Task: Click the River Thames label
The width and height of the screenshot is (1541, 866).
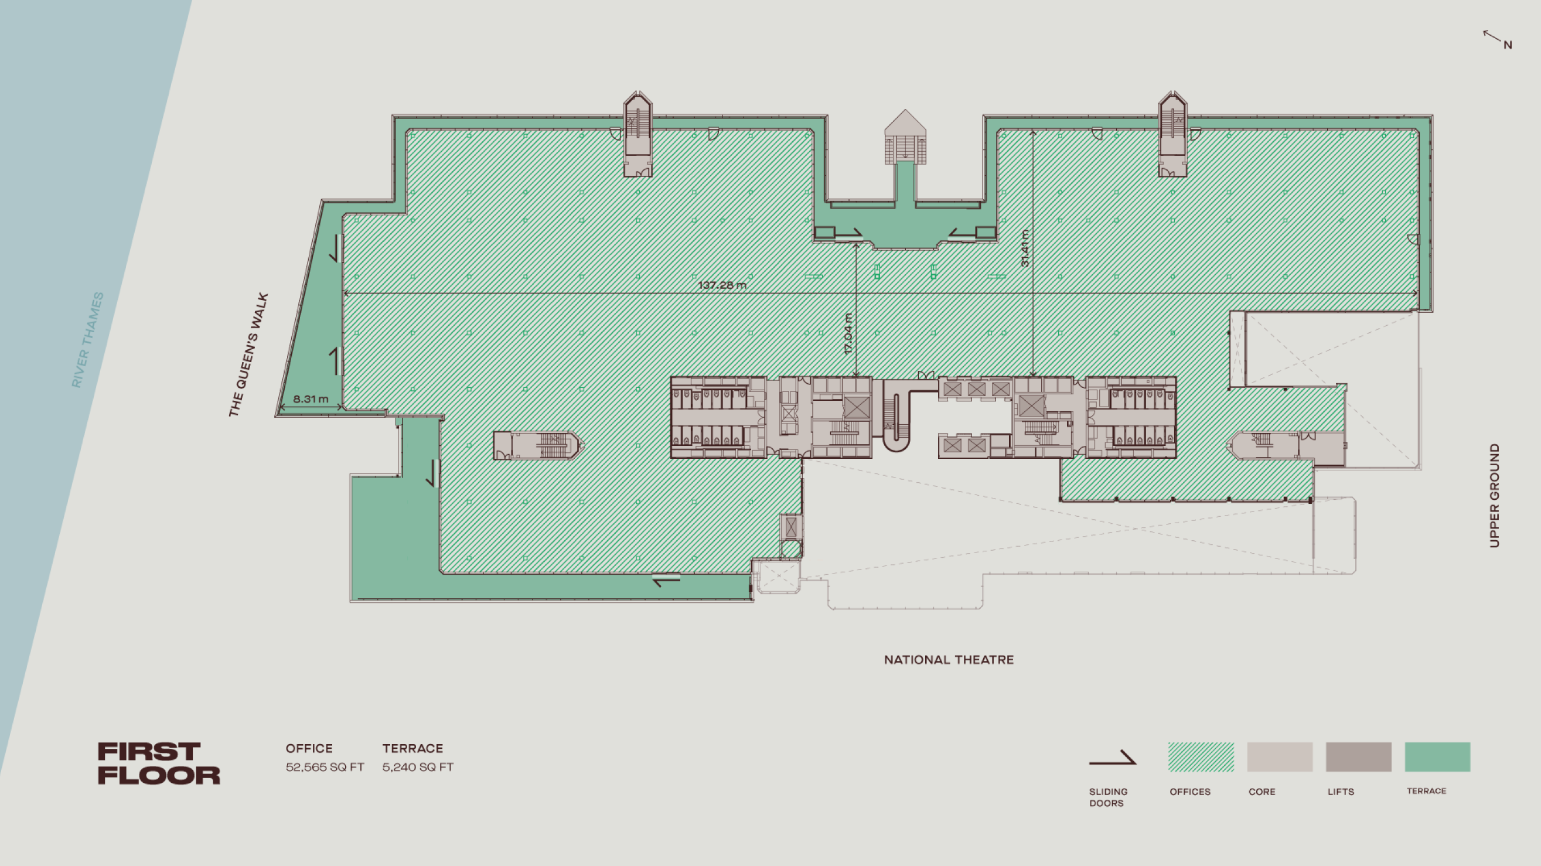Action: [87, 340]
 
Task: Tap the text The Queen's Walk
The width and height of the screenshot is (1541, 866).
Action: [248, 354]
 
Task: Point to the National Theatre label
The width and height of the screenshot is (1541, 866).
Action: [949, 660]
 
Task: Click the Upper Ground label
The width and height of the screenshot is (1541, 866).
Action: [1494, 495]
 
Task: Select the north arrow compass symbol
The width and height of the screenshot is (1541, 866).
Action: [1497, 39]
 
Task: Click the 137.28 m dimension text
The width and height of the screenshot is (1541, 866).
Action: [722, 285]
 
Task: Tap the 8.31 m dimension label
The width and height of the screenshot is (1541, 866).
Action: [311, 399]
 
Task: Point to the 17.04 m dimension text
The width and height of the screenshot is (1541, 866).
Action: [848, 334]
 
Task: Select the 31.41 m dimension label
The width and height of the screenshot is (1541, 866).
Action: [1025, 248]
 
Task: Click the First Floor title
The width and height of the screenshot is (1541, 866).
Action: [159, 763]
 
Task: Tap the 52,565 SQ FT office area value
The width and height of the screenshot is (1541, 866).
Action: [325, 768]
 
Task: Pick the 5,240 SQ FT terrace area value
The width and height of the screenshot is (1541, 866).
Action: [418, 768]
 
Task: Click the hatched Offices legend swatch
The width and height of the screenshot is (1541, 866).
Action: [1201, 756]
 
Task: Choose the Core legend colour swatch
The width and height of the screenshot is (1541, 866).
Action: [1280, 756]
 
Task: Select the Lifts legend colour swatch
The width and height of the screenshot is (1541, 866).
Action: [1359, 756]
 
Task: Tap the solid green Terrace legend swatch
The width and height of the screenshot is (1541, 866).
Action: [1437, 756]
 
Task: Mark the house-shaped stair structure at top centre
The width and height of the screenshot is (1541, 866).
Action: [905, 137]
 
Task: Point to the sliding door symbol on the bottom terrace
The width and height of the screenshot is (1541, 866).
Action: [666, 579]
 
